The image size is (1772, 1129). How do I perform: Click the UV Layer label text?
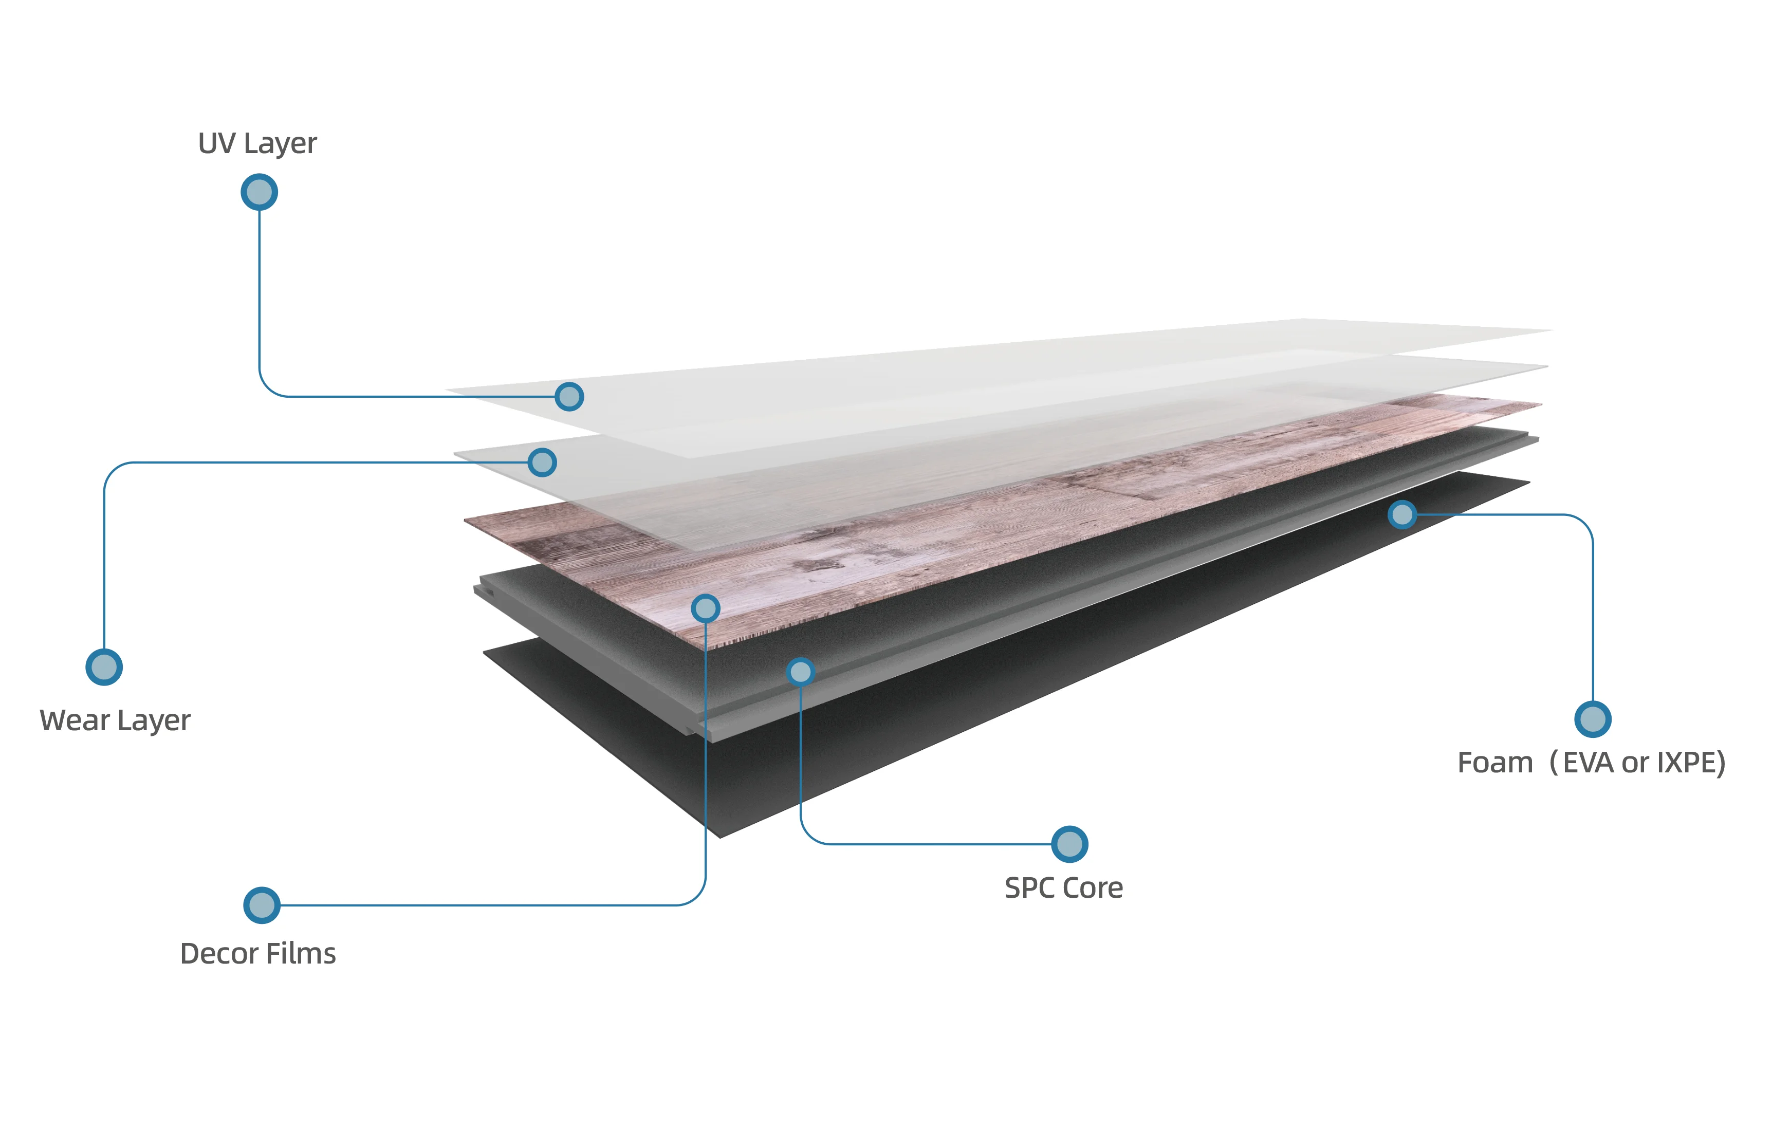tap(257, 143)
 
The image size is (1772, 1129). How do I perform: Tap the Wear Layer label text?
tap(115, 720)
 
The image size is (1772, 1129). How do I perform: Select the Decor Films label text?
tap(257, 954)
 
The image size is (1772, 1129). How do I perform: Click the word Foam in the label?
tap(1494, 763)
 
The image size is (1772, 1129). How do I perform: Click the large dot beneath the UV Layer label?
tap(259, 192)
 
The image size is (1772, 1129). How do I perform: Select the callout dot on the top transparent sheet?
tap(569, 397)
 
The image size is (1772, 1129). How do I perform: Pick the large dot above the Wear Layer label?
tap(104, 667)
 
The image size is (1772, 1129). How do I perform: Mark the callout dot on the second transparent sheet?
tap(542, 462)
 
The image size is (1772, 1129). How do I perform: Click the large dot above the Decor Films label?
tap(261, 905)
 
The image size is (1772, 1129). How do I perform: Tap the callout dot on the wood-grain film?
tap(705, 608)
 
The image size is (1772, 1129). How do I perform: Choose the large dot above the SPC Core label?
tap(1069, 844)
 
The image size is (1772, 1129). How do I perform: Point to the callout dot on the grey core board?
tap(800, 671)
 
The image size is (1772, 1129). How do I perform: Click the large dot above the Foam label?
tap(1593, 719)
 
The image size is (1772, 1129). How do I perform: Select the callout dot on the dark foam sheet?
tap(1402, 514)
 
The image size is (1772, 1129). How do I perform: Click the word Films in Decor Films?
tap(301, 954)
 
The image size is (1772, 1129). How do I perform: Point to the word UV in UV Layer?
tap(216, 143)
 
